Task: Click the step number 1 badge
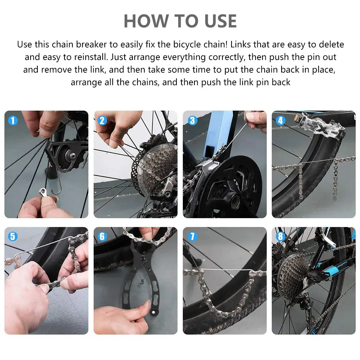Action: (13, 120)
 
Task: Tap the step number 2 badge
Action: (102, 120)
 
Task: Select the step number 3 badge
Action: (192, 120)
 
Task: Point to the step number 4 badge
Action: (280, 120)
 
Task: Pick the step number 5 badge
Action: (13, 236)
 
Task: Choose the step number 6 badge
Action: (102, 236)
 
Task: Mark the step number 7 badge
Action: (192, 236)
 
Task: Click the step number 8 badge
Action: (280, 236)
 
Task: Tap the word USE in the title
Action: (220, 21)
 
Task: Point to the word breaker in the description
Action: (91, 44)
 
